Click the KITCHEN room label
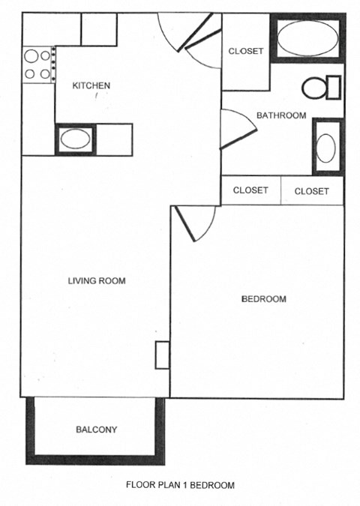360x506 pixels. [x=91, y=85]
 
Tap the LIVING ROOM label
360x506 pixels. [x=97, y=281]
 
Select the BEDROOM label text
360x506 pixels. [x=263, y=299]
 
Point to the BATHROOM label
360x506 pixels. [x=281, y=115]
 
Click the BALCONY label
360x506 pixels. [x=97, y=430]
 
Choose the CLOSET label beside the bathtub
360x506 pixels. [x=245, y=51]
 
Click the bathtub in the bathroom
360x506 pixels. [x=308, y=38]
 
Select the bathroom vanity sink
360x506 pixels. [x=325, y=147]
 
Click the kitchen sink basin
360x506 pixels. [x=74, y=139]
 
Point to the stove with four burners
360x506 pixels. [x=37, y=64]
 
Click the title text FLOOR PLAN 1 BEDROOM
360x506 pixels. [x=180, y=484]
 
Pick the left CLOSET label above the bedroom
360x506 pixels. [x=250, y=190]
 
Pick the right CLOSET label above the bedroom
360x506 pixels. [x=311, y=191]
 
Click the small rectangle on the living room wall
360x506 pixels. [x=162, y=355]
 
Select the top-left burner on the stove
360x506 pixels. [x=31, y=55]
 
